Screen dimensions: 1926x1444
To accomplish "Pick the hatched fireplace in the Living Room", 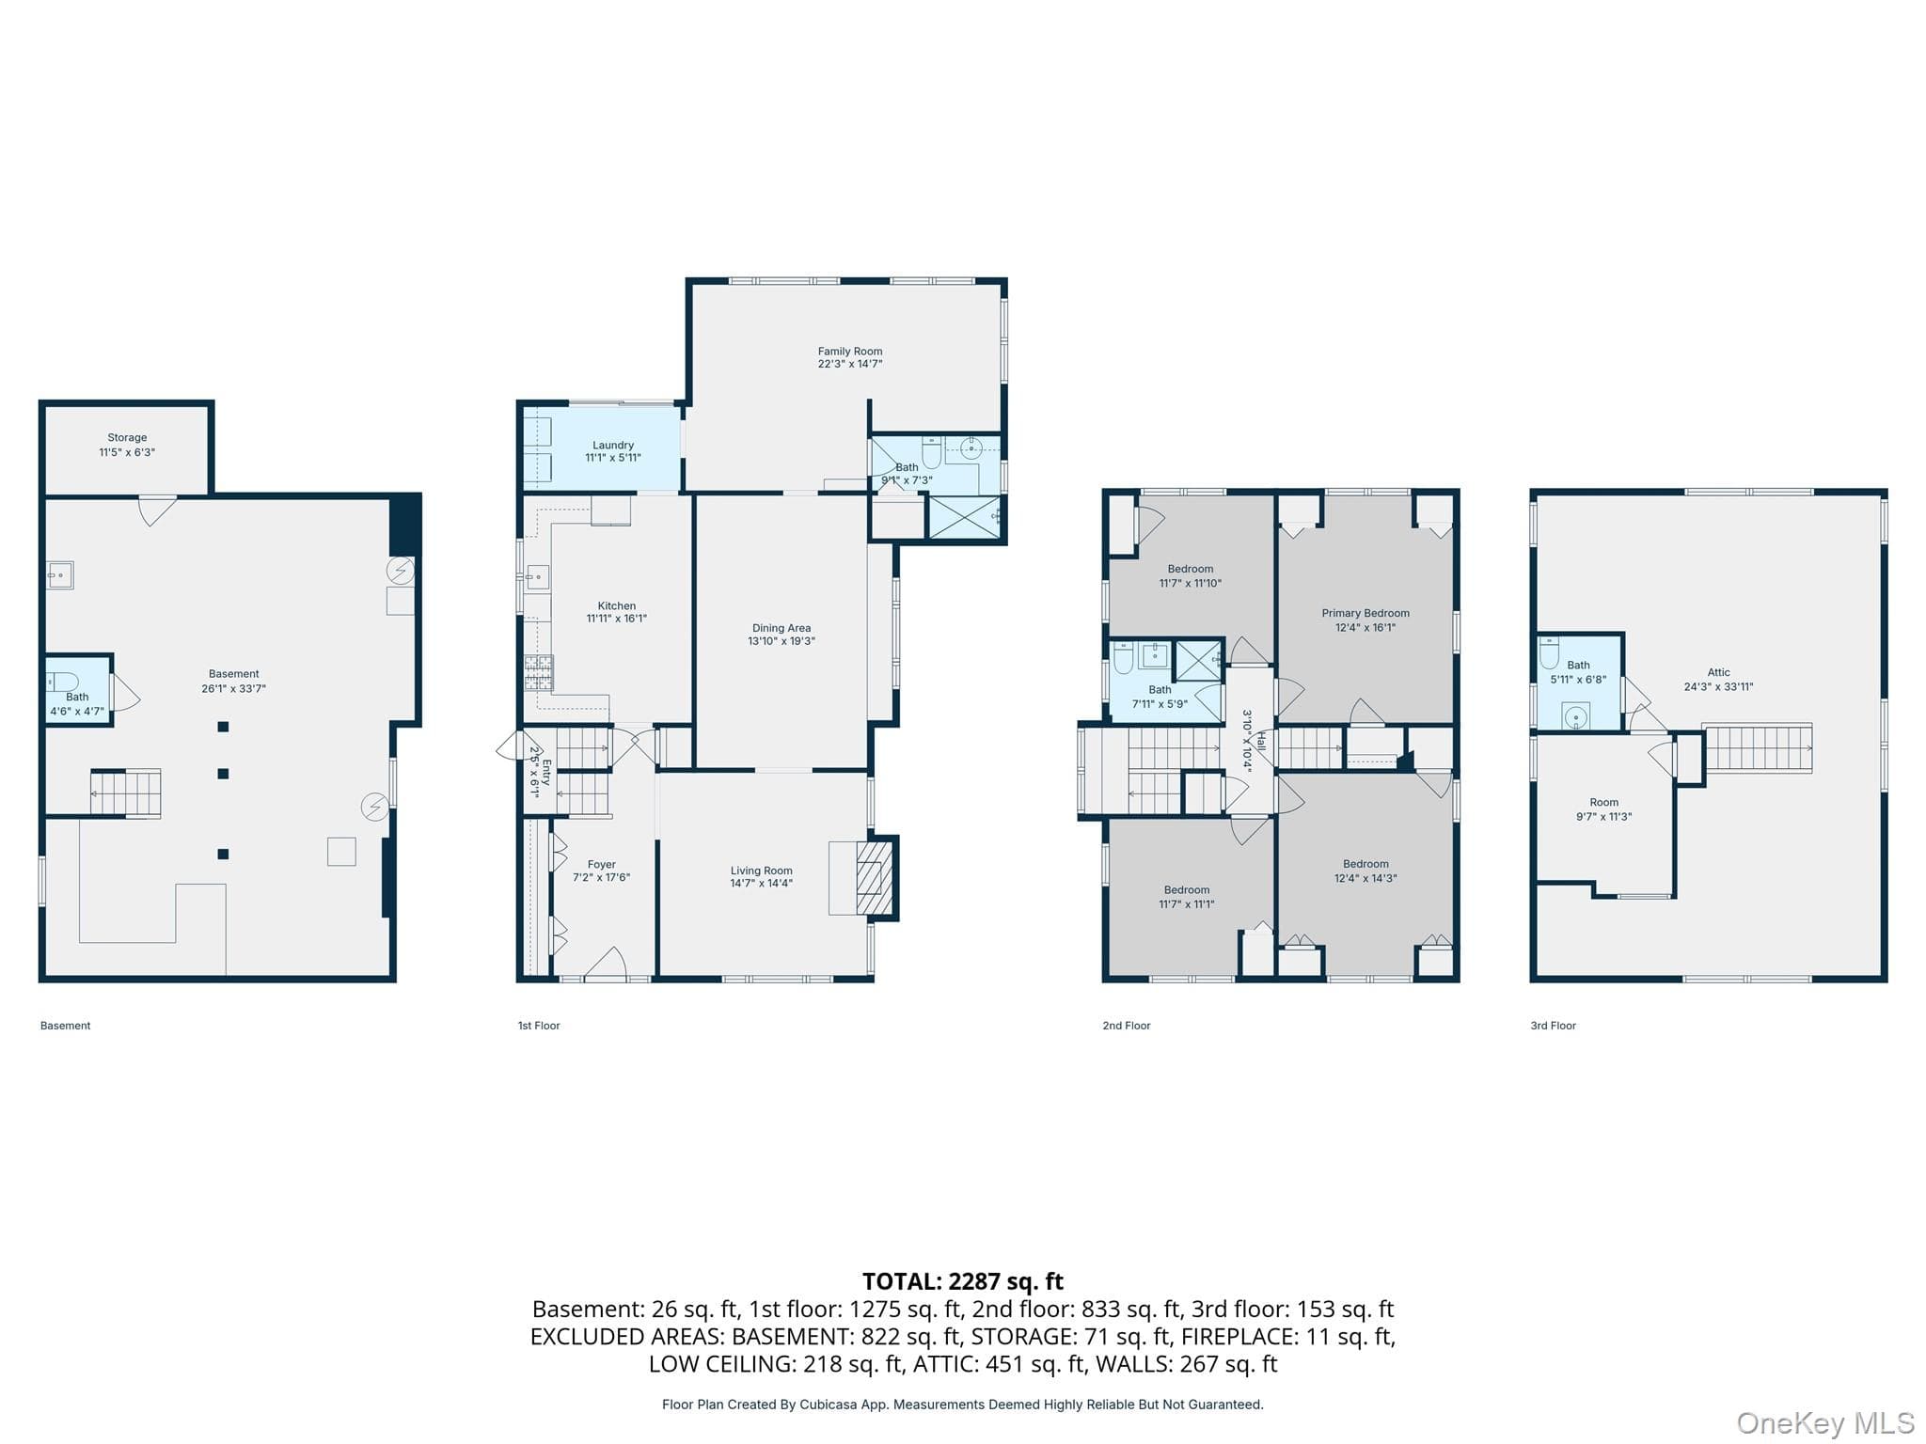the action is tap(874, 878).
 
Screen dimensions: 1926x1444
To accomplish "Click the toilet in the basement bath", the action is tap(64, 682).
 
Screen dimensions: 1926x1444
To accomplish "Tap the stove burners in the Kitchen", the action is tap(539, 673).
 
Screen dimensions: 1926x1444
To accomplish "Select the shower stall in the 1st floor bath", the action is tap(964, 517).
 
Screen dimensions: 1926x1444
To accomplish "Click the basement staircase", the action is tap(126, 793).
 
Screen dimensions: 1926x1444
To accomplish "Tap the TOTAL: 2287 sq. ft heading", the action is tap(963, 1281).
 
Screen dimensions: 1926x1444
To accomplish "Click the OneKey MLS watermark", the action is tap(1825, 1423).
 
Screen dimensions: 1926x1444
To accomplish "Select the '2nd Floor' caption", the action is tap(1127, 1026).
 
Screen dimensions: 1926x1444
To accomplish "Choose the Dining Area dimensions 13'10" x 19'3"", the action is tap(781, 642).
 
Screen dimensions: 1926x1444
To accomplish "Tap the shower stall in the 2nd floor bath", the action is tap(1198, 660).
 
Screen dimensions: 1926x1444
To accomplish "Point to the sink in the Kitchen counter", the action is tap(538, 575).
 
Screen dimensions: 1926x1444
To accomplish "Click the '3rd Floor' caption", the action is tap(1554, 1026).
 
